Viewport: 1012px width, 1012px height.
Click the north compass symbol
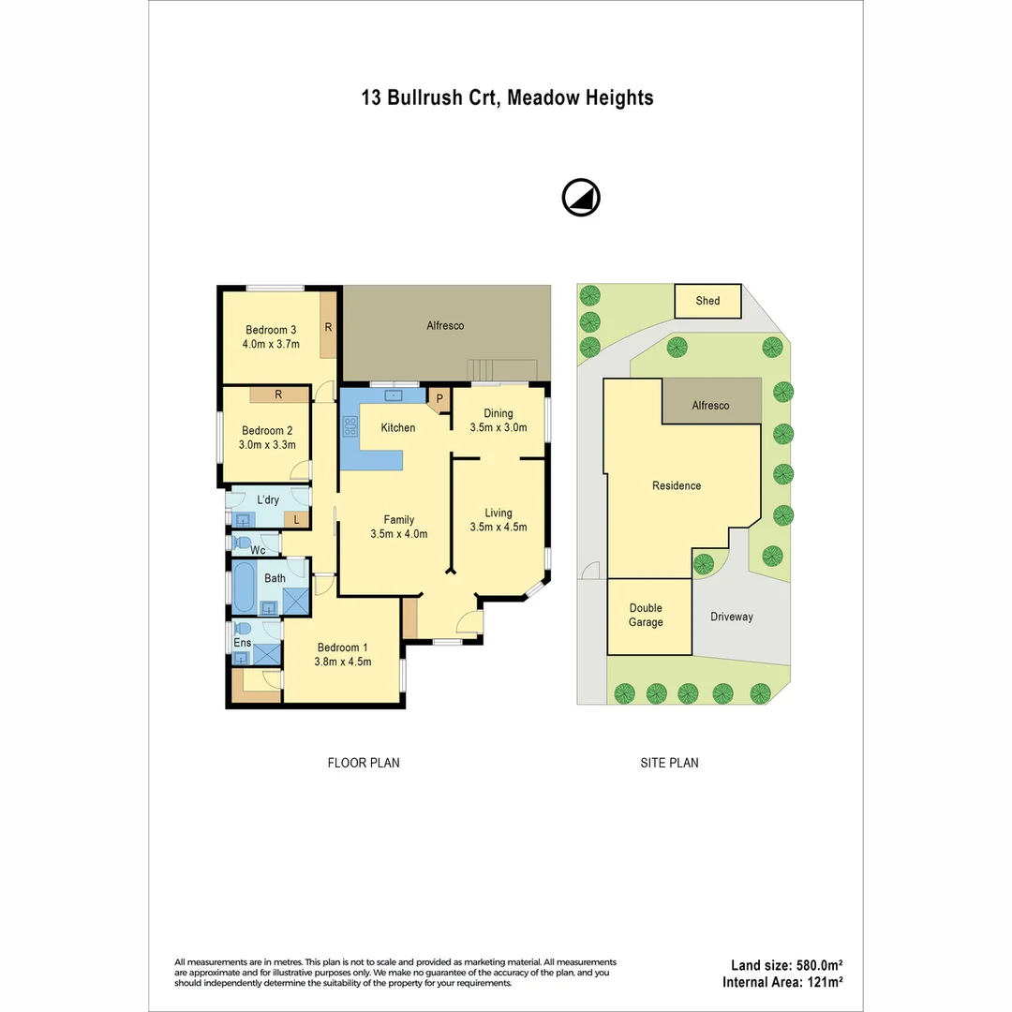point(581,198)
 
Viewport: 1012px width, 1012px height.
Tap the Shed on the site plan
point(707,301)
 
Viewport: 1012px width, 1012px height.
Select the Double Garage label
point(646,615)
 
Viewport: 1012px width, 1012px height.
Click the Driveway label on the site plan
point(731,617)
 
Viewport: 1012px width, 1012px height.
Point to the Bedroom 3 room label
point(271,330)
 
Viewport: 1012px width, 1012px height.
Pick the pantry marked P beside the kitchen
point(439,399)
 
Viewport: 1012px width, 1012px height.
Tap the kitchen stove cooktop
point(351,428)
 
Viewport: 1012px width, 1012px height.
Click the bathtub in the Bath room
point(243,587)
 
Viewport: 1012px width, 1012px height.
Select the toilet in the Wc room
point(242,543)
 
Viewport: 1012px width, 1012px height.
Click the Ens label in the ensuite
point(242,643)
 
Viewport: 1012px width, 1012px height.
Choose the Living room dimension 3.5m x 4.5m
point(498,527)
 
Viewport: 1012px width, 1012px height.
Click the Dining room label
point(498,413)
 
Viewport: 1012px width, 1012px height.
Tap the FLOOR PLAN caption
point(363,763)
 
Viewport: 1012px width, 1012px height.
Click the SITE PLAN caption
point(669,763)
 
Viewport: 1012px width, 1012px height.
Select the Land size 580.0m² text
point(786,965)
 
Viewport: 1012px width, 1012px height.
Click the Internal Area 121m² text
point(782,982)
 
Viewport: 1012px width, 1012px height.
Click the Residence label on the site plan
point(677,485)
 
